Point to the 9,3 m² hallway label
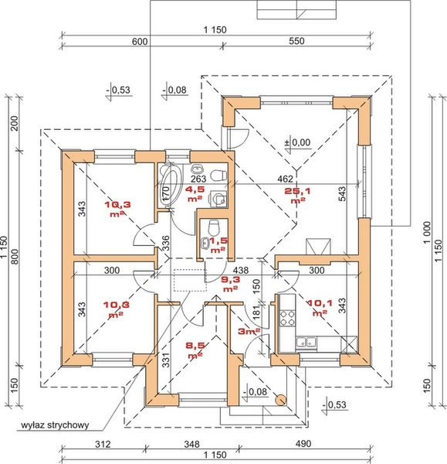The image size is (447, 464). pyautogui.click(x=229, y=283)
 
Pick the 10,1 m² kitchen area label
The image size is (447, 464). pyautogui.click(x=318, y=308)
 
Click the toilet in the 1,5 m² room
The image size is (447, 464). pyautogui.click(x=214, y=227)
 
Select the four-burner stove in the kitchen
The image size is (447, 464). pyautogui.click(x=287, y=316)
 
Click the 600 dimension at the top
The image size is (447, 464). pyautogui.click(x=140, y=43)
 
